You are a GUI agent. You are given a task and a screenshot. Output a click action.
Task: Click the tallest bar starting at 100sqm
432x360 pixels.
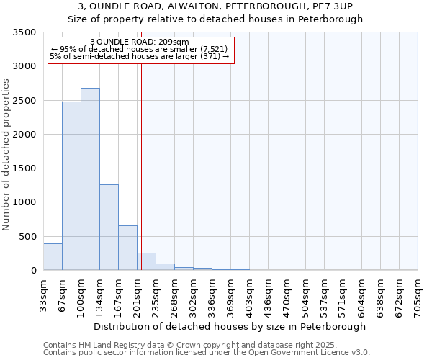coord(90,179)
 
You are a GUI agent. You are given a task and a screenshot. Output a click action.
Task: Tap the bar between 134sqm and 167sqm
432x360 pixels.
coord(109,228)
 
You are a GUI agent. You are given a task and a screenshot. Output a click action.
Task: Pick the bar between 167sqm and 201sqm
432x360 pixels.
coord(127,248)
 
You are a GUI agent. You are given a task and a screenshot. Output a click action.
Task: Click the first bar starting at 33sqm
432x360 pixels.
coord(53,257)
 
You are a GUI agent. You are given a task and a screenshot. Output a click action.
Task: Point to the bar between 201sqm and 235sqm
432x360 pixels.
coord(147,262)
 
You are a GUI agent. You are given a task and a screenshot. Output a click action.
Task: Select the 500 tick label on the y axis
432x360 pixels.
coord(28,237)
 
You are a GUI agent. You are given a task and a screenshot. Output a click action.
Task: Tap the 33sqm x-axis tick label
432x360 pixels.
coord(43,294)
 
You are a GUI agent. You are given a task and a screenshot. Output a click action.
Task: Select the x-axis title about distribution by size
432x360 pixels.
coord(230,326)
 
